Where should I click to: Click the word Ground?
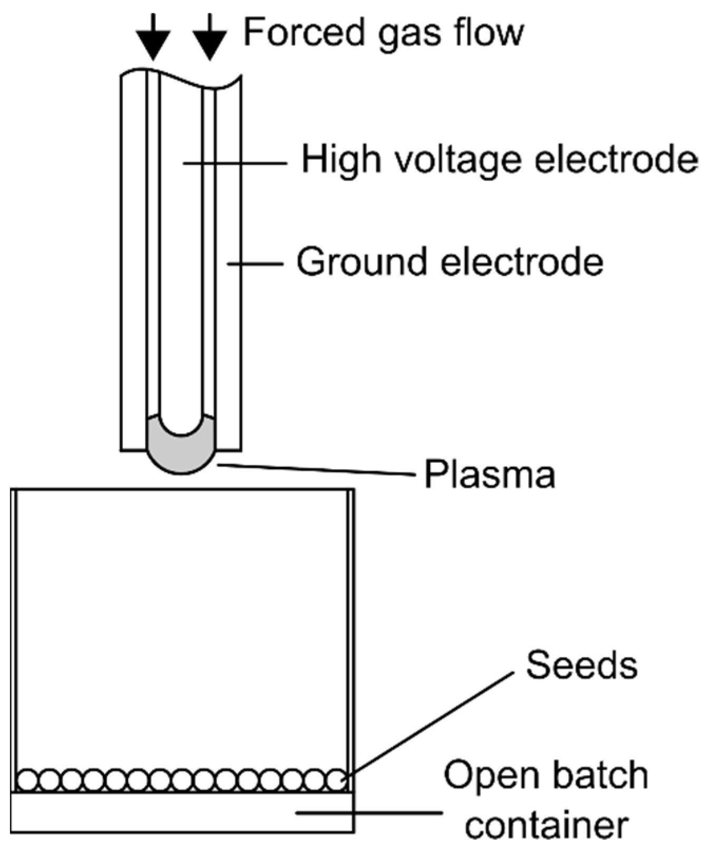coord(361,262)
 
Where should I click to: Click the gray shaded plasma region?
coord(181,454)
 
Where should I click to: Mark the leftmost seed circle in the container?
coord(27,780)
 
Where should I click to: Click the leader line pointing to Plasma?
coord(317,469)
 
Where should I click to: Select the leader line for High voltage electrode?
coord(235,164)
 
